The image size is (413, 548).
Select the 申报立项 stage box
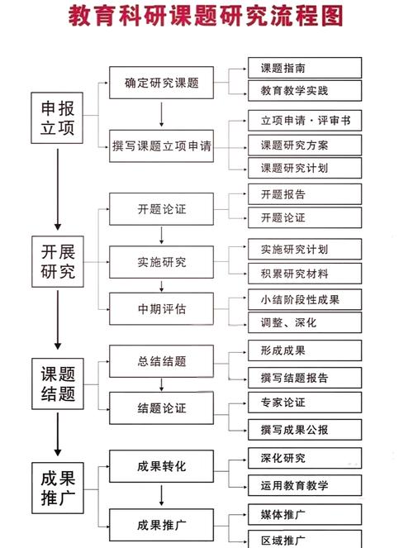(57, 117)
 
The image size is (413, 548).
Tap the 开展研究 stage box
(57, 261)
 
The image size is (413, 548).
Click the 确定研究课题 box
(161, 83)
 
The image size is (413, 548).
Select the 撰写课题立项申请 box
(161, 146)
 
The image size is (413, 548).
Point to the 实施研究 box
(161, 262)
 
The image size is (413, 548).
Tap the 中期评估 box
(161, 309)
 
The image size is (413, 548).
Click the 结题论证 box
(161, 407)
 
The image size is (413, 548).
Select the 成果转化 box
(161, 466)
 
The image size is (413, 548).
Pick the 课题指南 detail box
(305, 68)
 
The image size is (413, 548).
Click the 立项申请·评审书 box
(305, 121)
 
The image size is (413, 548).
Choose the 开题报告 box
(305, 195)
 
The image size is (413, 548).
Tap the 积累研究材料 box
(305, 274)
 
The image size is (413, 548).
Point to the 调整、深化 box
(305, 322)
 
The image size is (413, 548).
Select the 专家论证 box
(305, 403)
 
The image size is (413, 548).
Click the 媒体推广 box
(305, 516)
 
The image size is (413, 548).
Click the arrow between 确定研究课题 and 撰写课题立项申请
(161, 114)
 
